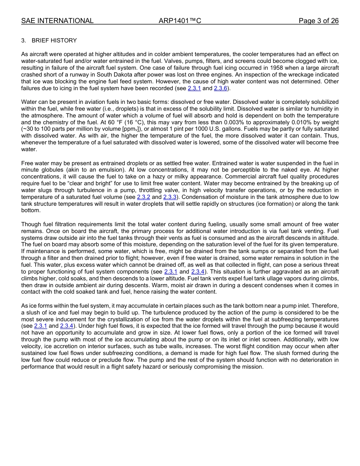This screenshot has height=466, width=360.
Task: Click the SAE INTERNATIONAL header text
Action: coord(57,21)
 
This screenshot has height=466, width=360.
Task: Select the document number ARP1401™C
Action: coord(180,21)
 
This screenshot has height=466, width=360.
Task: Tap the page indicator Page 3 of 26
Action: coord(318,21)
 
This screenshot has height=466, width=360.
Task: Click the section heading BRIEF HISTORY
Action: coord(54,41)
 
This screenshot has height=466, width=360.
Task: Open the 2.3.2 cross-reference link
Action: coord(144,197)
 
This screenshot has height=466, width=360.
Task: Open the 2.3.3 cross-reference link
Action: coord(170,197)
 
